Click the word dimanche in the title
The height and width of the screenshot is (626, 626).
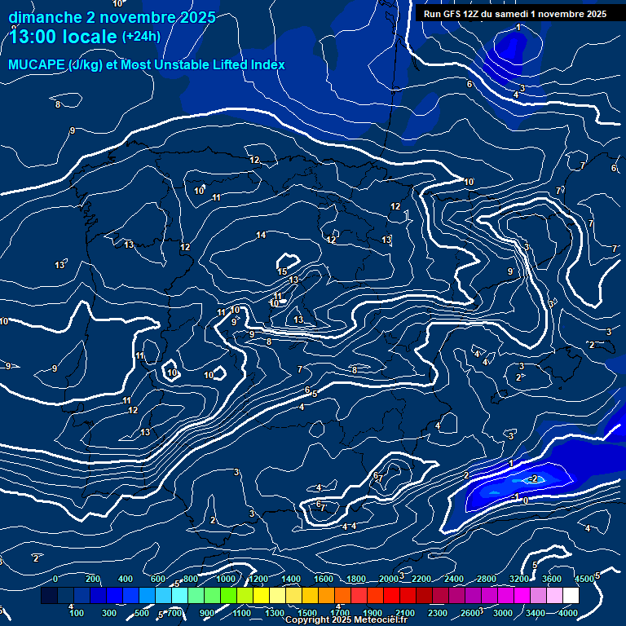(45, 17)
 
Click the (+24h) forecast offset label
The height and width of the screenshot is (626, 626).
(141, 37)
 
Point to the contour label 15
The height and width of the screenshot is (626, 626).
(283, 271)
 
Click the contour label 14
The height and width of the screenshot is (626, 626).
(261, 236)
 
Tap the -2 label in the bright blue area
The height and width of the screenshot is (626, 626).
(534, 478)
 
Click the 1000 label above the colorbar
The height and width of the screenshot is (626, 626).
(225, 580)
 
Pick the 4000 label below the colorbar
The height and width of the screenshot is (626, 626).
(568, 613)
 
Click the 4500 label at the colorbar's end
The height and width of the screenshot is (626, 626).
(584, 580)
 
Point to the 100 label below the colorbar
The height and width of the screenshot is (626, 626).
(77, 613)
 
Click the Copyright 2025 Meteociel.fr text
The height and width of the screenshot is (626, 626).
(346, 620)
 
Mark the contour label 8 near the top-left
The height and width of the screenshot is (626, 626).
(58, 104)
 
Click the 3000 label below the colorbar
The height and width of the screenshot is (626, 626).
(503, 613)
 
